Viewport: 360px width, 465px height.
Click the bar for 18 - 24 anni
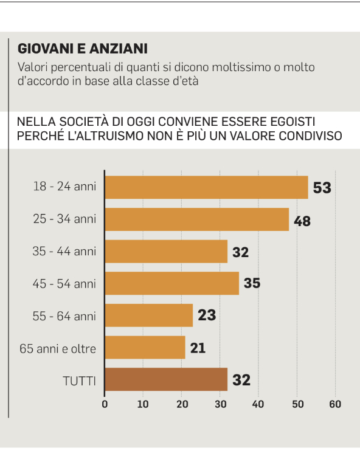point(207,187)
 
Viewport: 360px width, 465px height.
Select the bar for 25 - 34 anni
point(197,219)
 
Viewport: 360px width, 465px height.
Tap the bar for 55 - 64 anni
point(149,315)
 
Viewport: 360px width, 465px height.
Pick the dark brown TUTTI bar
point(166,379)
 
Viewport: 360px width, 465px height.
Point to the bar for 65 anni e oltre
point(145,347)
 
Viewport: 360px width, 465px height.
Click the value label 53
point(322,188)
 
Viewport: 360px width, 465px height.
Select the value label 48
point(302,221)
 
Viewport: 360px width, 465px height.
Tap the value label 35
point(252,283)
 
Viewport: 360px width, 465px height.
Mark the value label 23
point(207,315)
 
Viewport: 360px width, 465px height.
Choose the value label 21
point(198,348)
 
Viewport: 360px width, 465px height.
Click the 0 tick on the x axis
point(105,404)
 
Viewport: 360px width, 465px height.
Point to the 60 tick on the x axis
point(335,404)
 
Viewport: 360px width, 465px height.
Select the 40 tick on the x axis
point(258,404)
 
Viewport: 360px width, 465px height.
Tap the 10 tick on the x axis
point(143,404)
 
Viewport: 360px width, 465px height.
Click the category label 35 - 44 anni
point(64,252)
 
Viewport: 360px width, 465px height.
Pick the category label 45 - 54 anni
point(64,284)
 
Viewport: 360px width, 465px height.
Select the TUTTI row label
point(80,381)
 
